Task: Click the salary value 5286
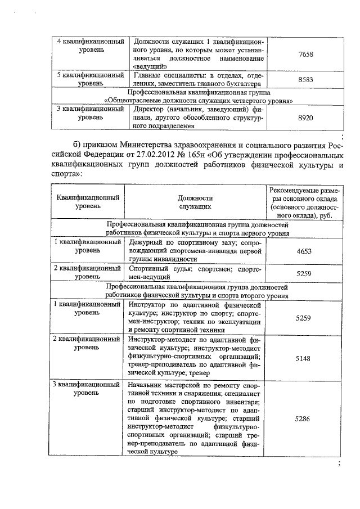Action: tap(304, 419)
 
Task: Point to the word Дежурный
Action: tap(145, 242)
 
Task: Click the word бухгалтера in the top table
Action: tap(241, 83)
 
